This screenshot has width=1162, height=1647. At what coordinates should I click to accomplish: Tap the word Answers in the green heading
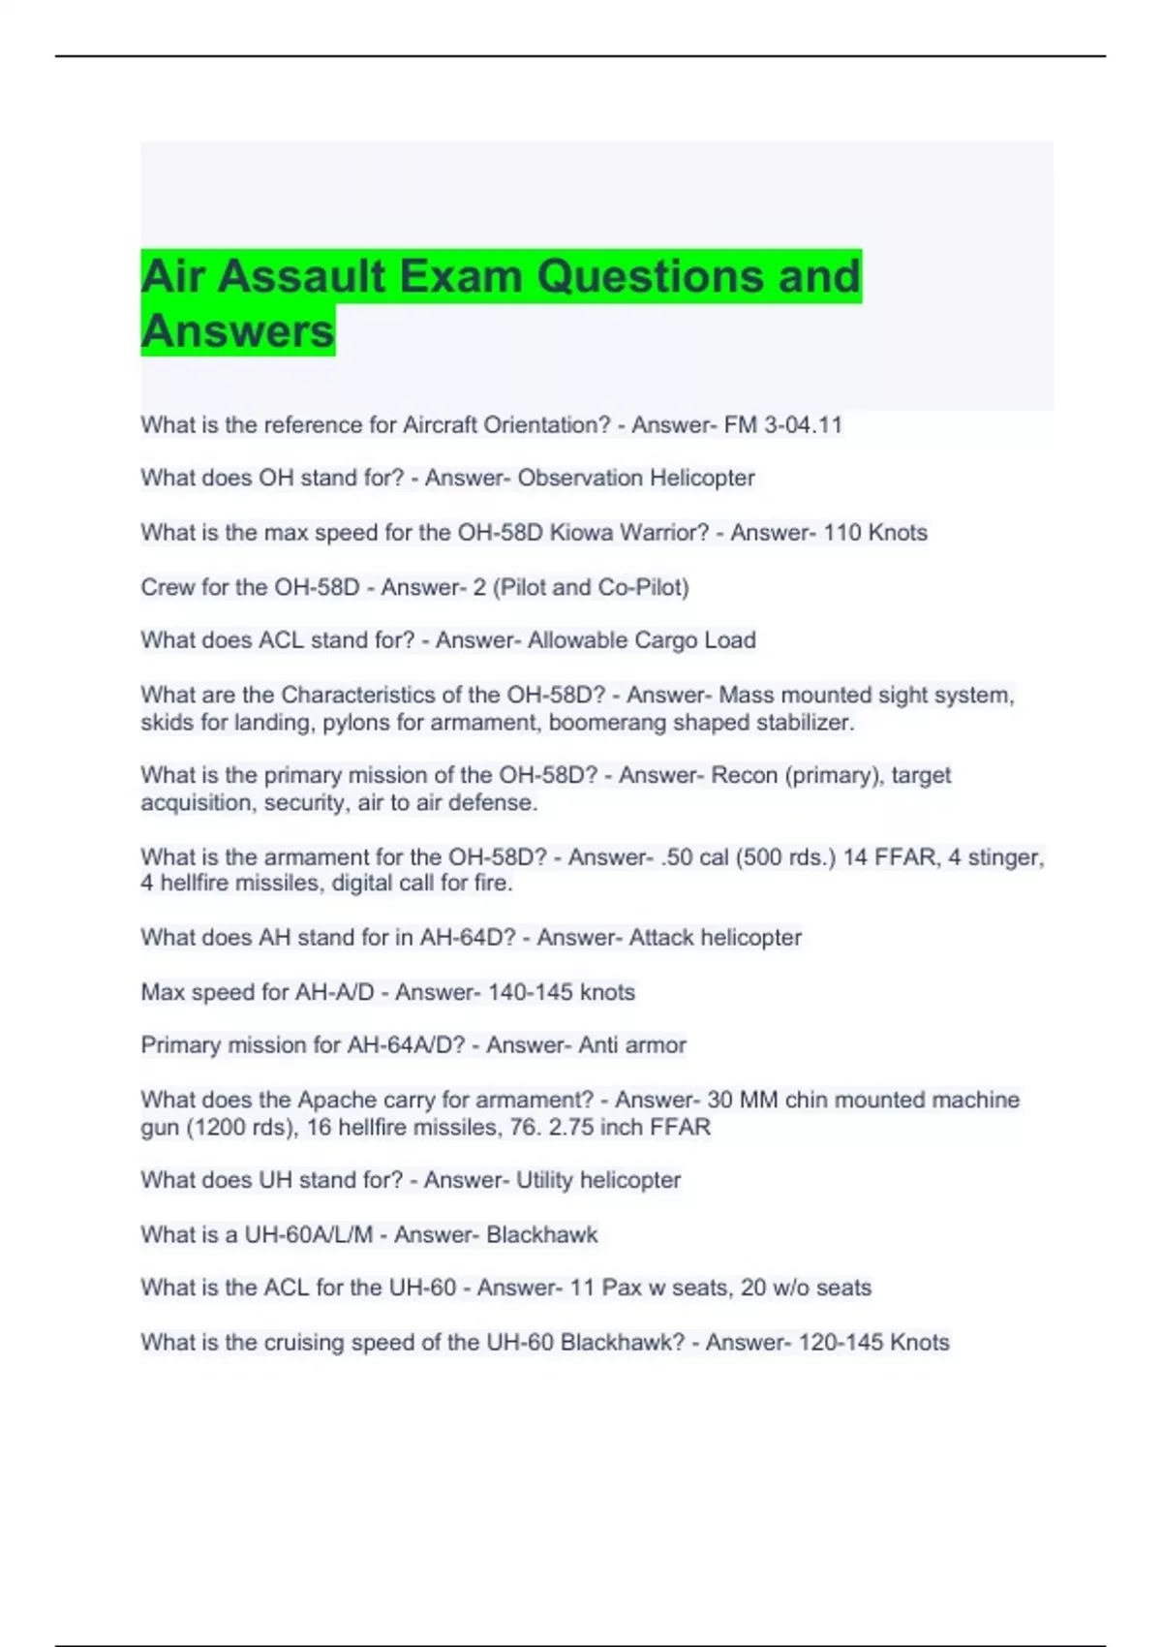pyautogui.click(x=237, y=331)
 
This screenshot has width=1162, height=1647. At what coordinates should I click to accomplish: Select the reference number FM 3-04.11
pyautogui.click(x=783, y=425)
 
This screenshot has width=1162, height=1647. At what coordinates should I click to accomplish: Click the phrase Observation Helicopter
pyautogui.click(x=636, y=479)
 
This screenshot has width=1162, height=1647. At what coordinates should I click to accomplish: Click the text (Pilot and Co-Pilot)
pyautogui.click(x=591, y=587)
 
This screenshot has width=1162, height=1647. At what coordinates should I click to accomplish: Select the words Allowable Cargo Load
pyautogui.click(x=641, y=640)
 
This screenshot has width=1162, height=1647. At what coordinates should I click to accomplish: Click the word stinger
pyautogui.click(x=1004, y=857)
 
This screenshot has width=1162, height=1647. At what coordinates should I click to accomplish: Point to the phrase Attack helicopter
pyautogui.click(x=715, y=938)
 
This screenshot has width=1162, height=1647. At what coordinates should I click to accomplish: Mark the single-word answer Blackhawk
pyautogui.click(x=542, y=1235)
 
